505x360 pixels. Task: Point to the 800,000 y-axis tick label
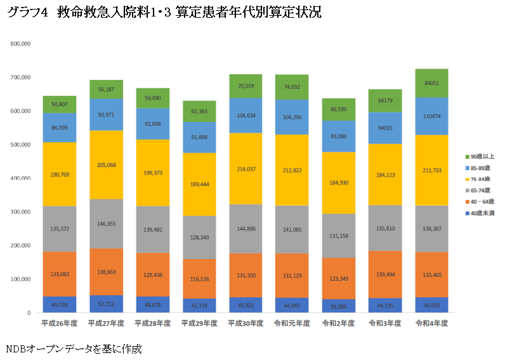click(20, 44)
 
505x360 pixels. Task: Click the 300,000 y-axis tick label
click(20, 212)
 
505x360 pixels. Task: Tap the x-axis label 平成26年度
click(60, 323)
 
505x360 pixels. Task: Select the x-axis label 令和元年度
click(292, 323)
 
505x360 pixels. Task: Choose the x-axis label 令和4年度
click(431, 323)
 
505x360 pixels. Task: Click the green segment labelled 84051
click(431, 83)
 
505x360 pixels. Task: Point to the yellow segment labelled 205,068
click(106, 164)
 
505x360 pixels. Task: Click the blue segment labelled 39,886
click(338, 306)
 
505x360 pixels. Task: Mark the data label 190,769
click(60, 173)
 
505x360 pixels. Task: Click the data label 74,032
click(292, 87)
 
